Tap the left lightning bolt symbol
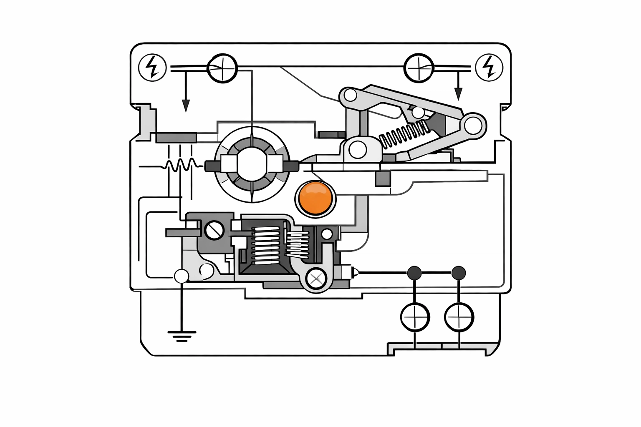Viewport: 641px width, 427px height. (152, 67)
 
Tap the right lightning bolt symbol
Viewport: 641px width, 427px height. (489, 67)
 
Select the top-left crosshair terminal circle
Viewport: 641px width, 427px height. (222, 68)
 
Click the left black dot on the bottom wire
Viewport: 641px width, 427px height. (414, 273)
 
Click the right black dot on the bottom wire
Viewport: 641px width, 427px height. (459, 273)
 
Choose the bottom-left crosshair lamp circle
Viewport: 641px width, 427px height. (415, 317)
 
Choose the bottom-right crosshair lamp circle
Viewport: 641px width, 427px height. (459, 317)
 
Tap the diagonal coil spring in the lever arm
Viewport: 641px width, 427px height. (404, 133)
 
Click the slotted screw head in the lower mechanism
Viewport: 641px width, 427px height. (214, 230)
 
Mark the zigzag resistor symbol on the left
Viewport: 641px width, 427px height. (180, 165)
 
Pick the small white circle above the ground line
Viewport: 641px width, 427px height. (182, 276)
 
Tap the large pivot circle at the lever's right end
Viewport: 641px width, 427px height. (473, 125)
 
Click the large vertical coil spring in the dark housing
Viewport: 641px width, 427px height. (265, 246)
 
